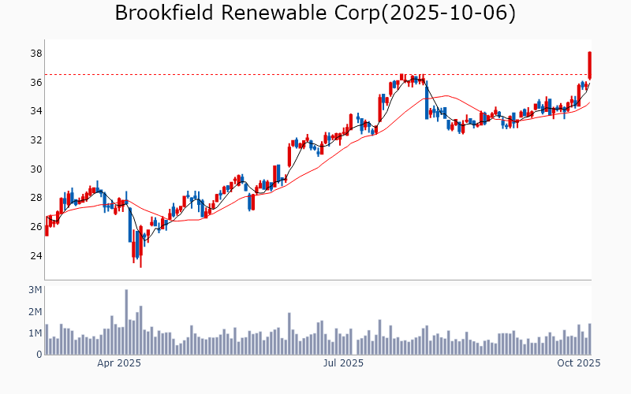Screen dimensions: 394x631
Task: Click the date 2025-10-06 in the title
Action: pyautogui.click(x=448, y=13)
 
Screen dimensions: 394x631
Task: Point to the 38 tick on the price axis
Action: pyautogui.click(x=36, y=54)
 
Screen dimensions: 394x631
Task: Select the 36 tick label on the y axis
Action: pyautogui.click(x=36, y=83)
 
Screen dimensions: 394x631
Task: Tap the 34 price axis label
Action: pyautogui.click(x=36, y=111)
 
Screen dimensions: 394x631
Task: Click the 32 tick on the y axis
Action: pyautogui.click(x=36, y=140)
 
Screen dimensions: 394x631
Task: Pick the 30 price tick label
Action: pyautogui.click(x=36, y=169)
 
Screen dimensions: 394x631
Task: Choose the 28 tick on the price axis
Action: pyautogui.click(x=36, y=198)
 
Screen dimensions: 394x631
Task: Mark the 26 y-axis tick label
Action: pyautogui.click(x=36, y=227)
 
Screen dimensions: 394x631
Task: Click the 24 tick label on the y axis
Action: pyautogui.click(x=36, y=256)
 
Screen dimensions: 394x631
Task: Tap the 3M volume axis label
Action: pyautogui.click(x=35, y=291)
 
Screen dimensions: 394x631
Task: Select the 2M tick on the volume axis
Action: pyautogui.click(x=35, y=312)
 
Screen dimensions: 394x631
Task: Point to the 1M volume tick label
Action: pyautogui.click(x=35, y=333)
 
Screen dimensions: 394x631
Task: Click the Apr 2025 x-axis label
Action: pyautogui.click(x=119, y=363)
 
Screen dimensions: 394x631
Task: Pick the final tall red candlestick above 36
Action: pyautogui.click(x=589, y=65)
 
